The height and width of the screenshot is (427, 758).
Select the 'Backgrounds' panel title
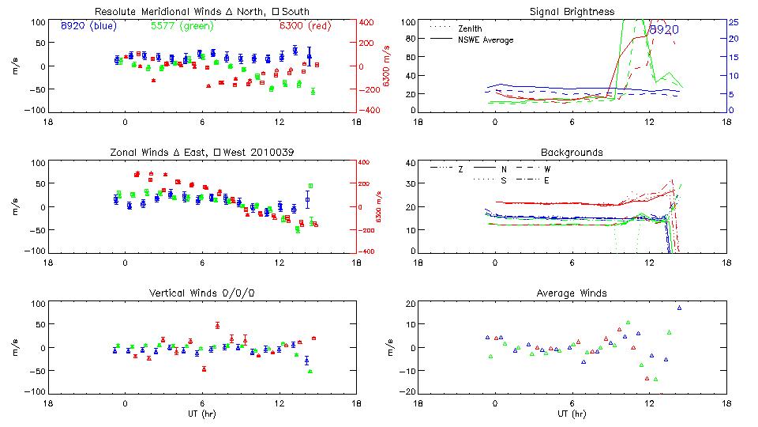point(572,152)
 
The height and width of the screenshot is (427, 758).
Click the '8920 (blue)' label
point(88,26)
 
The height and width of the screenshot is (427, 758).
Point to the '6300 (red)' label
point(306,26)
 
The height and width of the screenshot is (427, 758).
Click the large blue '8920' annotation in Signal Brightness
point(664,30)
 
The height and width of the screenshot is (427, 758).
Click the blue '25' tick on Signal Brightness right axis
point(734,22)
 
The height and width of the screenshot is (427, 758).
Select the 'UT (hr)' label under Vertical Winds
point(201,414)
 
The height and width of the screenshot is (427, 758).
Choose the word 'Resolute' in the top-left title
point(116,12)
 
